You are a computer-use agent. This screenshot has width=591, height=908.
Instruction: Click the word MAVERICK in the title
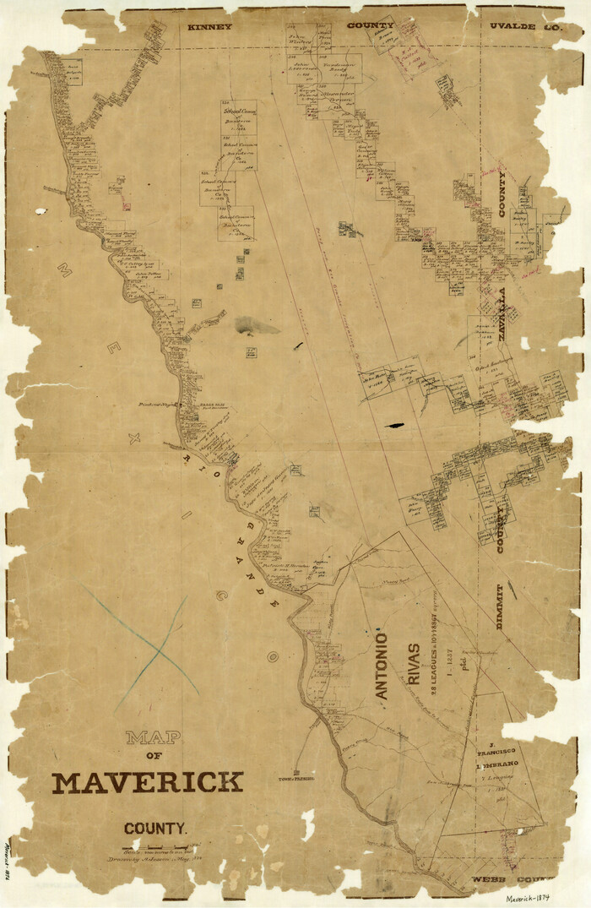coord(148,782)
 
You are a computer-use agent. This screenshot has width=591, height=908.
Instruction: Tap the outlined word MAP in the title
coord(153,737)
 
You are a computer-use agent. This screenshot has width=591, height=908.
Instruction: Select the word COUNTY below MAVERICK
coord(150,829)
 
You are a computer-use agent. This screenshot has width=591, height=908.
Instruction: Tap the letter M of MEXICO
coord(63,269)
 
